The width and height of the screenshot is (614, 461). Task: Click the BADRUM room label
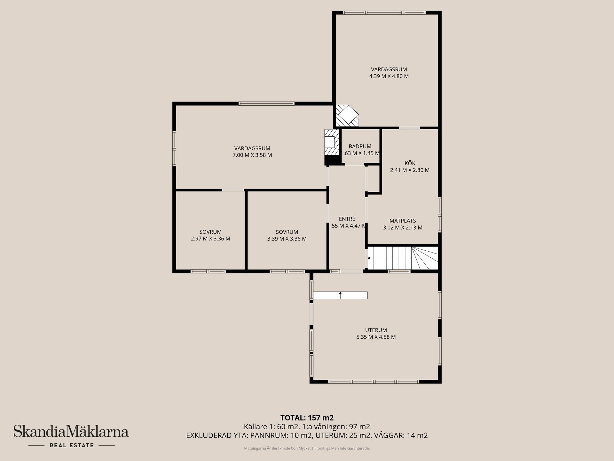[x=360, y=146]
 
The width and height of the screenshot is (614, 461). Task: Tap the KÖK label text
[x=410, y=163]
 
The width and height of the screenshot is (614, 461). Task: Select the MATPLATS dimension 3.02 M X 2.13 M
[x=403, y=228]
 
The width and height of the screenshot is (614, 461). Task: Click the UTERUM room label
[x=376, y=330]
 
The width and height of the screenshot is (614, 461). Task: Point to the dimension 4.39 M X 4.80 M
[x=389, y=76]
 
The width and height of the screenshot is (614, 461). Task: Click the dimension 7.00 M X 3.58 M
[x=252, y=155]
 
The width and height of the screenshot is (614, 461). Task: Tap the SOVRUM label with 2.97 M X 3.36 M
[x=210, y=232]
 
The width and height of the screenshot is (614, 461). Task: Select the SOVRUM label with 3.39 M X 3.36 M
[x=287, y=232]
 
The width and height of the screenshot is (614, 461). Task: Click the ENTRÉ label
[x=347, y=219]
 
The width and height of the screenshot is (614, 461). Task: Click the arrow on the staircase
[x=369, y=258]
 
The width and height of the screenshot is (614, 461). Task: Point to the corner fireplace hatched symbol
[x=347, y=116]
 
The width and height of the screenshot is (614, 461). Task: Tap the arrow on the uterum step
[x=340, y=293]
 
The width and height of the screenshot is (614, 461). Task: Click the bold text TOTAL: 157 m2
[x=307, y=418]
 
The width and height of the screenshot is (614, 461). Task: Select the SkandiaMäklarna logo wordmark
[x=71, y=431]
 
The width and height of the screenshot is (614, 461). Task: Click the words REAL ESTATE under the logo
[x=71, y=445]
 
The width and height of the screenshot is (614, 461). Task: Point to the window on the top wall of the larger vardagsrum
[x=266, y=103]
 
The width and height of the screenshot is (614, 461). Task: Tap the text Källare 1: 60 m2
[x=271, y=427]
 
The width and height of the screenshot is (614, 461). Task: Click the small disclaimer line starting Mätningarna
[x=307, y=449]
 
